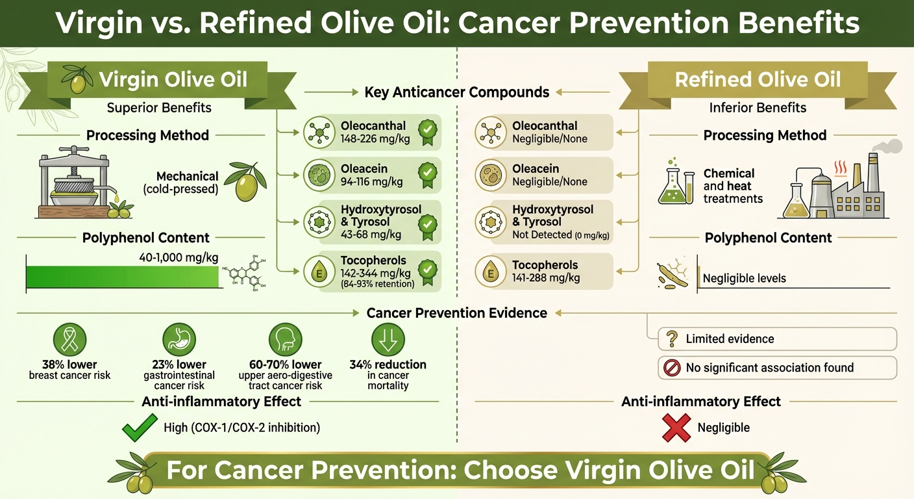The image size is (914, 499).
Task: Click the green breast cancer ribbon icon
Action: pyautogui.click(x=69, y=339)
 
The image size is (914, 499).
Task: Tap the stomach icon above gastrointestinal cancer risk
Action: pyautogui.click(x=178, y=339)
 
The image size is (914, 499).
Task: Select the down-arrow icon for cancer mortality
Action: pyautogui.click(x=388, y=339)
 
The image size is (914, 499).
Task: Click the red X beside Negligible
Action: pyautogui.click(x=675, y=427)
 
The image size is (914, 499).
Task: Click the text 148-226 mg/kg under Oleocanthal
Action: pyautogui.click(x=372, y=138)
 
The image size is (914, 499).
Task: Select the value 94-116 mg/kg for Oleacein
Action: pyautogui.click(x=372, y=181)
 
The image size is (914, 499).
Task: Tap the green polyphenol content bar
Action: pyautogui.click(x=122, y=277)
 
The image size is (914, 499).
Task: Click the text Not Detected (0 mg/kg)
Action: pyautogui.click(x=560, y=235)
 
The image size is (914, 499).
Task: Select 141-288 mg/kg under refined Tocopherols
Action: pyautogui.click(x=546, y=277)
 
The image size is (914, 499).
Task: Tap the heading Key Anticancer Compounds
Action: pyautogui.click(x=456, y=92)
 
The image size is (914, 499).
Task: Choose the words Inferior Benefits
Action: pyautogui.click(x=758, y=107)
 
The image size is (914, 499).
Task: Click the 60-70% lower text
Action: pyautogui.click(x=286, y=365)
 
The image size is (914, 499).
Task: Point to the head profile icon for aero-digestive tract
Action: pyautogui.click(x=286, y=339)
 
